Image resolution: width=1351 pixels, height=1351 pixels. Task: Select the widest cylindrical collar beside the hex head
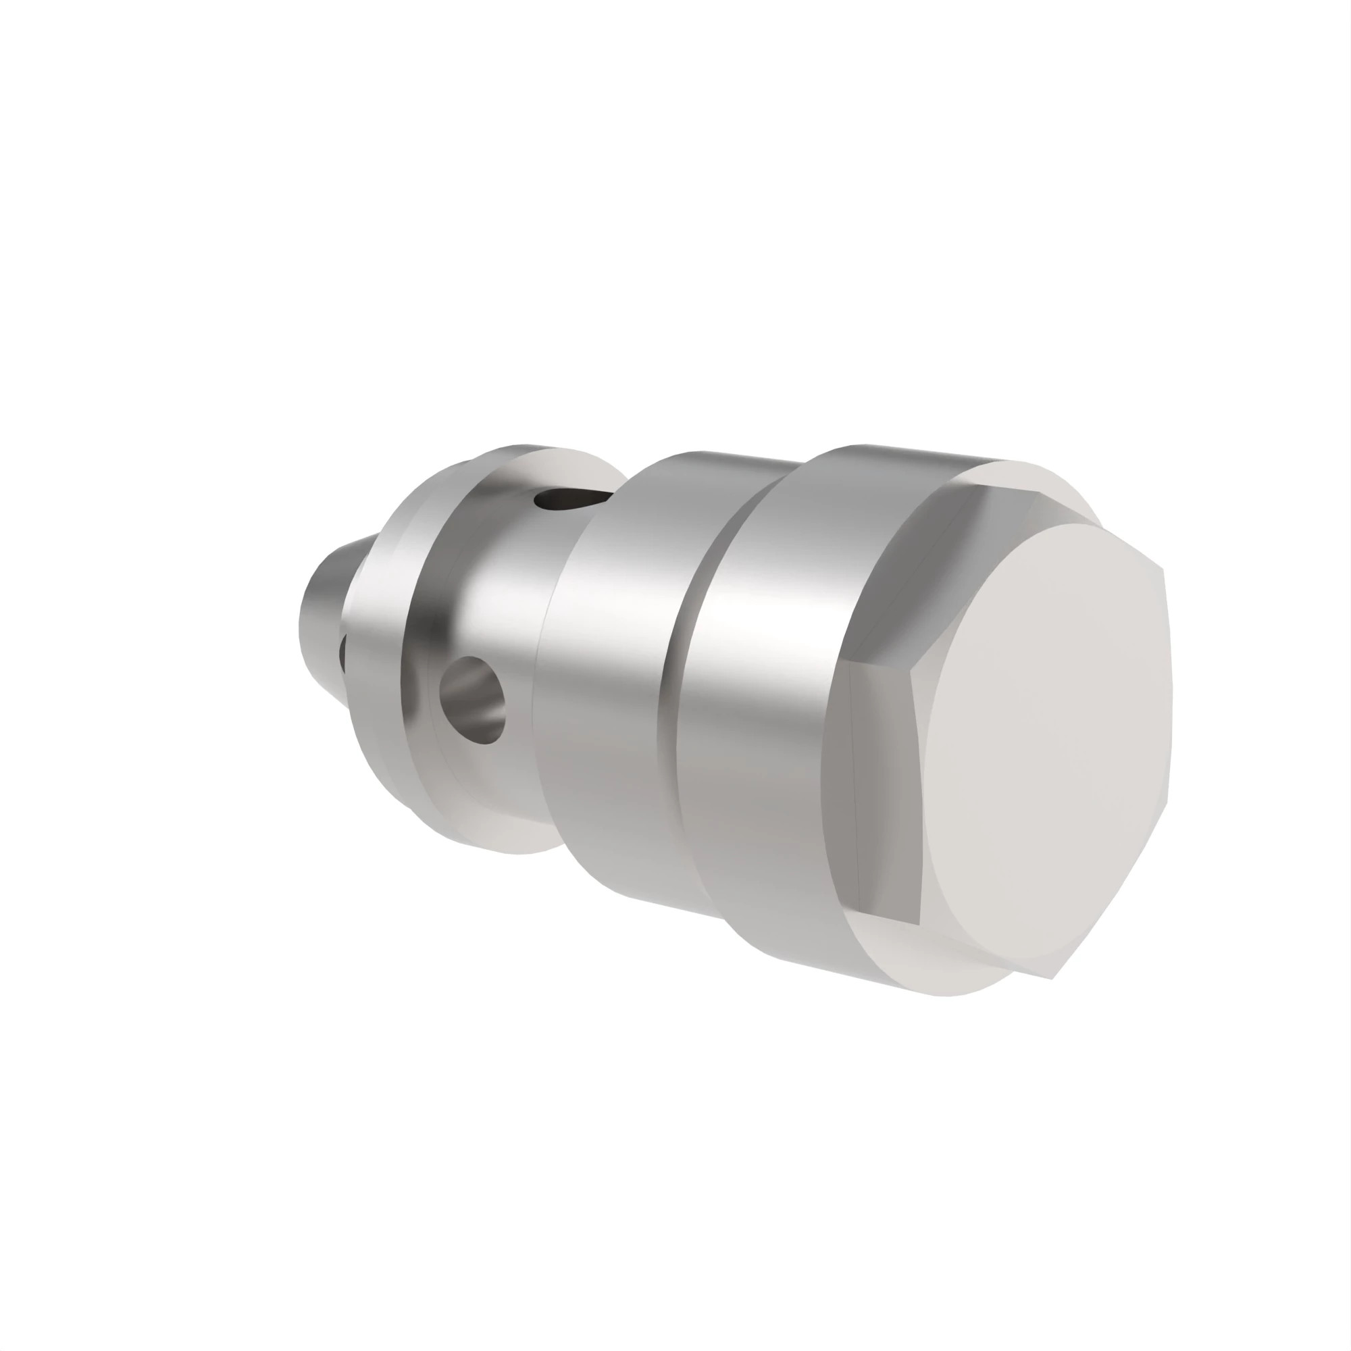[x=755, y=699]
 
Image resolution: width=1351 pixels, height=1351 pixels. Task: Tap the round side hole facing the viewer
[x=473, y=699]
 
